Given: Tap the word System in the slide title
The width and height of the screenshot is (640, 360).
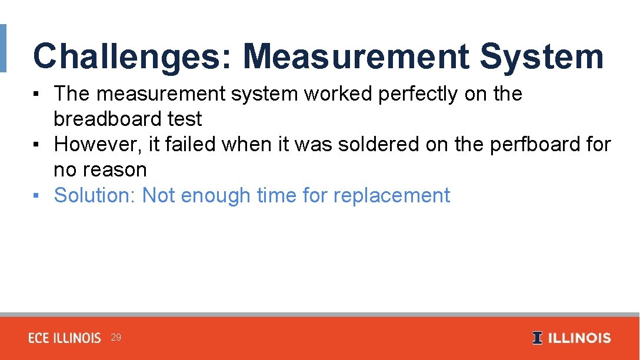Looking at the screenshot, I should pyautogui.click(x=541, y=57).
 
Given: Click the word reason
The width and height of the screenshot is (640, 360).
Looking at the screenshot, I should pyautogui.click(x=116, y=170).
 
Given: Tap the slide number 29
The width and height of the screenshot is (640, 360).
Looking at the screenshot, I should pyautogui.click(x=116, y=338).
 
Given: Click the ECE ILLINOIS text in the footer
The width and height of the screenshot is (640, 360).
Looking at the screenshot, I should pyautogui.click(x=65, y=338).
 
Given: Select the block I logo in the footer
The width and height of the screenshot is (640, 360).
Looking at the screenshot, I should pyautogui.click(x=537, y=338).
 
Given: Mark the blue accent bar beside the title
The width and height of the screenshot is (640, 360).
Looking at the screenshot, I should pyautogui.click(x=3, y=48).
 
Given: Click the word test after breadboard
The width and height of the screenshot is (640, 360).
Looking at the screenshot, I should pyautogui.click(x=185, y=119).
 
